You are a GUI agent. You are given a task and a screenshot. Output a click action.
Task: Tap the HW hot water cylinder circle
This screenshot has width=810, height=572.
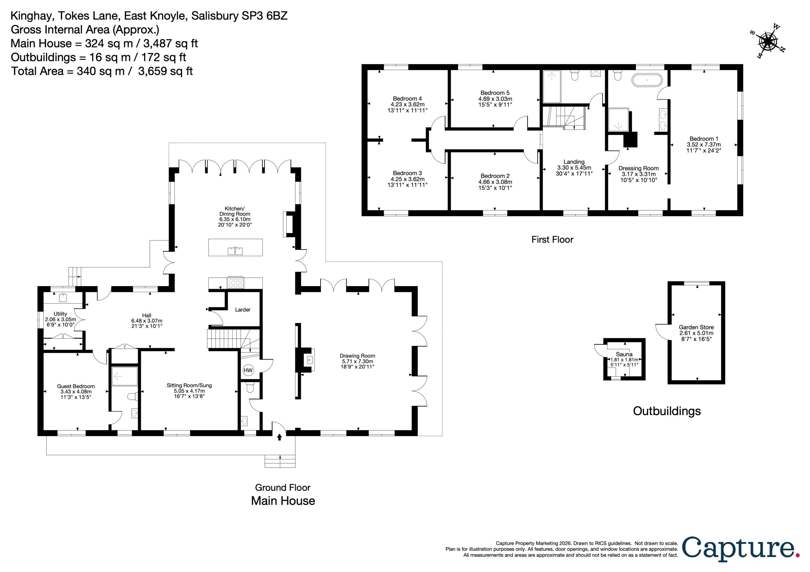(248, 370)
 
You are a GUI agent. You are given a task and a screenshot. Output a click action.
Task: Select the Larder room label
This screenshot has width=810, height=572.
(243, 310)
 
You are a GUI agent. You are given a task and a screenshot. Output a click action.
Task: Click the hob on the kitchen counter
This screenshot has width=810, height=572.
(235, 282)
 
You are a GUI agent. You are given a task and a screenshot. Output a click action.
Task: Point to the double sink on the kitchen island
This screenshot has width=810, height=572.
(235, 251)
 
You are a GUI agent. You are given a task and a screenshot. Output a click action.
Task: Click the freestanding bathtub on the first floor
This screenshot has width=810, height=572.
(647, 80)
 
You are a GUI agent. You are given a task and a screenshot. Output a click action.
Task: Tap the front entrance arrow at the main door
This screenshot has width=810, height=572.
(279, 437)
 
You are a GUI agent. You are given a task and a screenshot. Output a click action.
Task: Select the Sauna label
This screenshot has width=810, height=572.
(624, 354)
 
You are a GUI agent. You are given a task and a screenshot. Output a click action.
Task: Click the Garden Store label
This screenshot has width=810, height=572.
(696, 327)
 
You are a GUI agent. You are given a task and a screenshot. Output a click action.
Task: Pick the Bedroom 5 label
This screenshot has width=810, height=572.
(495, 93)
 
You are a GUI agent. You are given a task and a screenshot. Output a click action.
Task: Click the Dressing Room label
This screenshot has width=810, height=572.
(639, 169)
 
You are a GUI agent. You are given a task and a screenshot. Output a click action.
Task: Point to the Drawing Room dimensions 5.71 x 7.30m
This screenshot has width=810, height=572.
(357, 361)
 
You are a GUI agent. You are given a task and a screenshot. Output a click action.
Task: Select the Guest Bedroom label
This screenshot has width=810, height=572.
(76, 386)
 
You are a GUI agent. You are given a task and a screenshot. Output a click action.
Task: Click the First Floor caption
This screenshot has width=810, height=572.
(552, 240)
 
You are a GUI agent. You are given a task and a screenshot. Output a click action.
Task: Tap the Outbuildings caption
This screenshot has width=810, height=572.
(667, 411)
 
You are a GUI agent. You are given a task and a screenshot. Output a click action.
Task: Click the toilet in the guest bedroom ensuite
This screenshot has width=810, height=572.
(133, 397)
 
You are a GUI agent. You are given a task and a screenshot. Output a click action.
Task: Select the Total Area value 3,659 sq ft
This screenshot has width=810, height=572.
(165, 71)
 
